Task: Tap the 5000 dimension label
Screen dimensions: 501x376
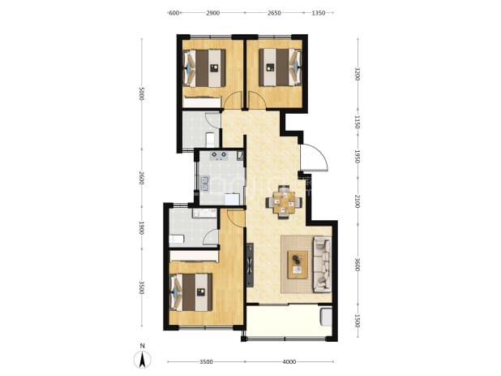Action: [142, 93]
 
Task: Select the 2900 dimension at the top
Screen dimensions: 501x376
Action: [212, 13]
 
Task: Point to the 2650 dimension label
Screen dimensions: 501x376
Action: [274, 13]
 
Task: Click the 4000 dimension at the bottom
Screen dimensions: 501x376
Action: [289, 362]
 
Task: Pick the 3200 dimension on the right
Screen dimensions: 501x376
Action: [358, 74]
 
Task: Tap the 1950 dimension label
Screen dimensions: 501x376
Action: [358, 157]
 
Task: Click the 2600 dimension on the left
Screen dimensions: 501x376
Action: [142, 178]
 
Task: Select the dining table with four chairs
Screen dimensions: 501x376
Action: [284, 202]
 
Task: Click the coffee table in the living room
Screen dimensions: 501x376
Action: [298, 265]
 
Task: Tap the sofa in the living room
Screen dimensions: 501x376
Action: [322, 264]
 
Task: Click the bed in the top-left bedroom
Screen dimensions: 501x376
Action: [204, 68]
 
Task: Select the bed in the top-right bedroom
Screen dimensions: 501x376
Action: [280, 67]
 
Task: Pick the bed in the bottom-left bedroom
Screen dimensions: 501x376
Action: [191, 292]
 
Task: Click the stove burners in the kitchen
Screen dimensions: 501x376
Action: [219, 156]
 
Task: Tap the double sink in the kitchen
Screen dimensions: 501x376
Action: [204, 184]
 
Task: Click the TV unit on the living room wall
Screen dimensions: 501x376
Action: [250, 265]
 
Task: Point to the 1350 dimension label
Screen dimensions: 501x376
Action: [319, 13]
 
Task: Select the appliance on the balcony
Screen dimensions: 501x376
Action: [326, 317]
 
